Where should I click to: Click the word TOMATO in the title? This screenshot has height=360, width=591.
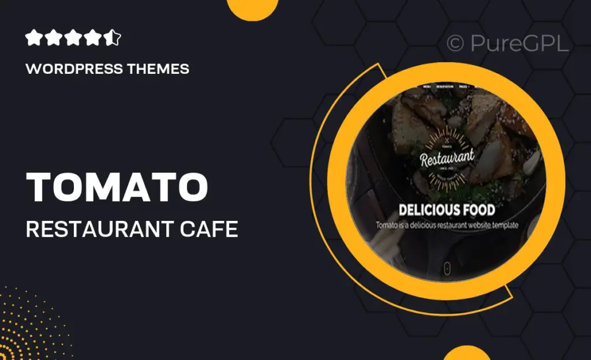(118, 187)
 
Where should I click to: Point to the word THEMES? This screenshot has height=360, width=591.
(159, 69)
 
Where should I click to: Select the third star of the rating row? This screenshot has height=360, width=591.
(73, 39)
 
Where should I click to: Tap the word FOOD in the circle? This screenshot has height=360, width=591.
(478, 209)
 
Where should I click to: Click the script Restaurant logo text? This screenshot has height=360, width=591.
(447, 157)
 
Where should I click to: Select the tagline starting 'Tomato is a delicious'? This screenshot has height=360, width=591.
(447, 225)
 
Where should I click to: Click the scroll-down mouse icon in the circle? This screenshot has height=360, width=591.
(447, 267)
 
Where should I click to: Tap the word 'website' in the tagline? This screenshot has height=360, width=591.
(470, 225)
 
